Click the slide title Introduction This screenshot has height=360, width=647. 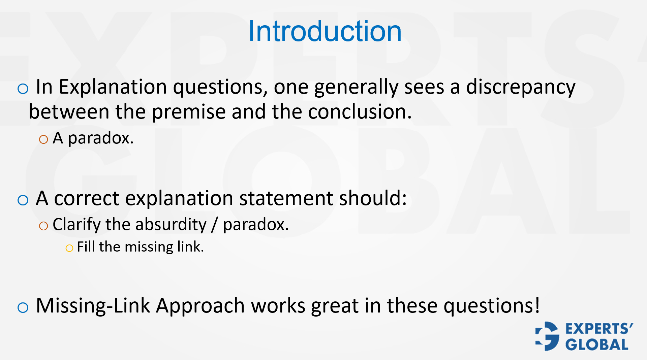[x=325, y=31]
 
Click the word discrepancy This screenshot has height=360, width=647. [x=521, y=87]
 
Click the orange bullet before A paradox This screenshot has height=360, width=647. [x=43, y=139]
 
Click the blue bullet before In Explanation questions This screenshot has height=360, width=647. [x=23, y=89]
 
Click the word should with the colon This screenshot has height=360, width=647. [x=373, y=198]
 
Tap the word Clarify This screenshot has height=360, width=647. [x=76, y=224]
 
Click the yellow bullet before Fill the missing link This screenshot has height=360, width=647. [x=69, y=249]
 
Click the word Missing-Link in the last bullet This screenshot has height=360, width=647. [x=93, y=306]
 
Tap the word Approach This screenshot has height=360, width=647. [x=200, y=306]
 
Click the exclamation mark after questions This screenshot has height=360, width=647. [x=537, y=305]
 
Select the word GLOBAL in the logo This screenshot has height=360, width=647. [x=597, y=345]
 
